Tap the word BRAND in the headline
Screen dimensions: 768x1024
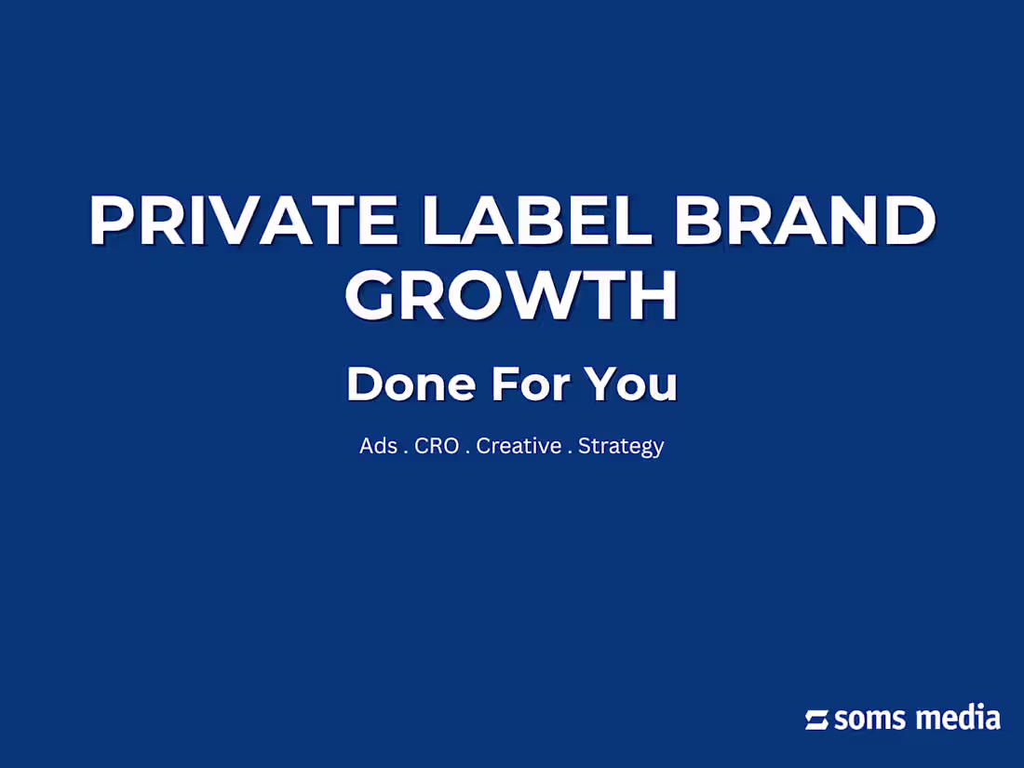tap(804, 222)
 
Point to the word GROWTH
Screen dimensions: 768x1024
tap(511, 296)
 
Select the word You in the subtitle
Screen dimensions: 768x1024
tap(631, 384)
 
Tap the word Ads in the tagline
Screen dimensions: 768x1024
tap(378, 446)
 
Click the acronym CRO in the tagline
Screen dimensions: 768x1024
tap(437, 446)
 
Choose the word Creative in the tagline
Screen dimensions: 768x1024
tap(519, 446)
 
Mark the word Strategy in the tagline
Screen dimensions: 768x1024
tap(621, 447)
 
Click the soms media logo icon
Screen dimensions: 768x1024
tap(817, 720)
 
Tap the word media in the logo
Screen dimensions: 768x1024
tap(958, 719)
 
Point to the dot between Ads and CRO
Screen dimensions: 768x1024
tap(406, 451)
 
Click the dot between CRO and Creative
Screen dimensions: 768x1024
tap(468, 451)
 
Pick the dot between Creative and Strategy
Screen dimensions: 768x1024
tap(570, 451)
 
